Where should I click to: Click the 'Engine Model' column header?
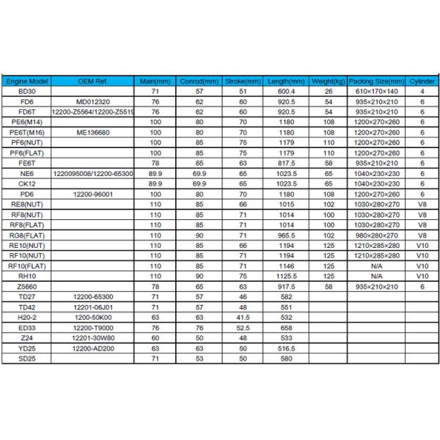(x=27, y=81)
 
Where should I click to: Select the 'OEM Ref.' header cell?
(x=93, y=81)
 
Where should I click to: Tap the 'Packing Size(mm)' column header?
(x=376, y=81)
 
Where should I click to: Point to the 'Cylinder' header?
(x=422, y=81)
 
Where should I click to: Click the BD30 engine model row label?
(x=27, y=91)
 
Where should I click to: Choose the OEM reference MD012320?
(x=93, y=101)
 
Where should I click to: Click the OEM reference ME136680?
(x=93, y=132)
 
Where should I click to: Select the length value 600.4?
(x=287, y=91)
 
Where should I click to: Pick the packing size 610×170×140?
(x=376, y=91)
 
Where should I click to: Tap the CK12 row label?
(x=27, y=183)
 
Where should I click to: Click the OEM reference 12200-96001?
(x=93, y=194)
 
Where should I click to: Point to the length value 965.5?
(x=287, y=235)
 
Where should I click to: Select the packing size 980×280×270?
(x=376, y=235)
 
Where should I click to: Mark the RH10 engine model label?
(x=27, y=276)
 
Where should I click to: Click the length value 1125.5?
(x=287, y=276)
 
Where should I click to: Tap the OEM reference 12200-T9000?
(x=93, y=328)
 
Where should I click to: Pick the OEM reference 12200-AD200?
(x=93, y=348)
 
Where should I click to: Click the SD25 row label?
(x=27, y=359)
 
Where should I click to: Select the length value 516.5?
(x=287, y=348)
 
